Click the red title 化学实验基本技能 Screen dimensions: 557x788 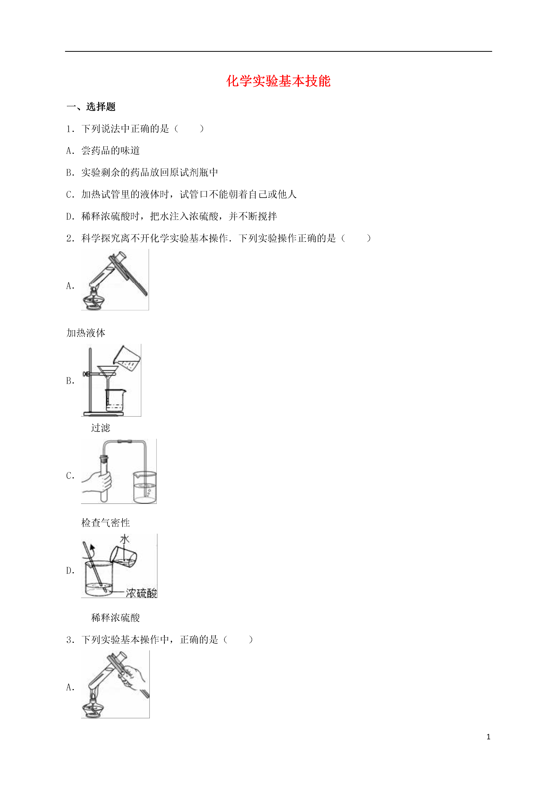point(278,81)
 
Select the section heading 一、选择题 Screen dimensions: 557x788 point(91,107)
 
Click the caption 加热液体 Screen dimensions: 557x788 point(86,332)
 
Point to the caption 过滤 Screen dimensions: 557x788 point(100,428)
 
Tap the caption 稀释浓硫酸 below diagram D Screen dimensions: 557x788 point(115,618)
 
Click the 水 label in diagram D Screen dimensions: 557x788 point(125,539)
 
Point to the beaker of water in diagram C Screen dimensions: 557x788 point(145,487)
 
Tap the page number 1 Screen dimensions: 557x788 point(488,737)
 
